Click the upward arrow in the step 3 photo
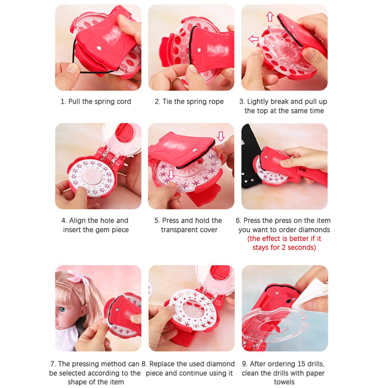point(270,16)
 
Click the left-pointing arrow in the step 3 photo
point(253,39)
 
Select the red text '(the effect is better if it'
point(284,238)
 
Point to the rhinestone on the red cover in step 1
point(99,47)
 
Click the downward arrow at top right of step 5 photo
point(221,136)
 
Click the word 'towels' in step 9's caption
point(284,382)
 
